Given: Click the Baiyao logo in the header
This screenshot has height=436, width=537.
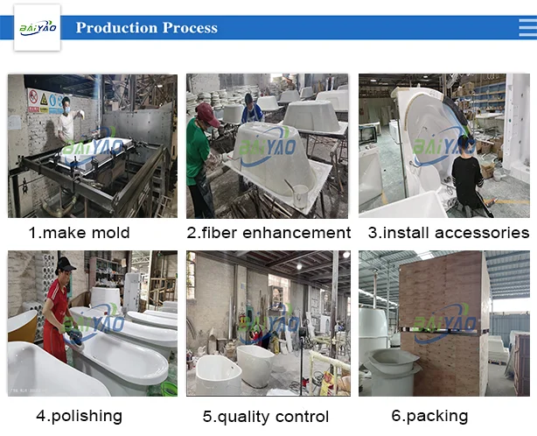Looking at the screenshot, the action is point(37,27).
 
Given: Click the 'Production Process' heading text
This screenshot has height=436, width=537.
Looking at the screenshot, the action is point(146,28).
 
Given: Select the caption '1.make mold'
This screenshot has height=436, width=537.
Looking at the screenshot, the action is point(79,232).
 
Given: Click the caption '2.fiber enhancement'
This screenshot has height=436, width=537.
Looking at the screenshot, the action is point(268,232).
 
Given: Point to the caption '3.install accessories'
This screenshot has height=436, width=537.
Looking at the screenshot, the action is point(448,232).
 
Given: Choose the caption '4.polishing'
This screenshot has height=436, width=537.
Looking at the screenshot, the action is point(79,415).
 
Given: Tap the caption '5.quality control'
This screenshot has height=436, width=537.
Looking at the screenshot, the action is point(266,417).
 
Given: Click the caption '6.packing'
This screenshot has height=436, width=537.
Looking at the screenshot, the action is point(429,415).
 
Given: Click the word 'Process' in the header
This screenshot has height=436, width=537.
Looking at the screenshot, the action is point(185,28).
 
